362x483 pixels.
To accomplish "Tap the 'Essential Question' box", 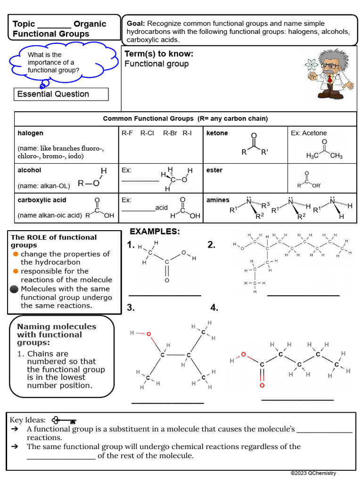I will pyautogui.click(x=61, y=94).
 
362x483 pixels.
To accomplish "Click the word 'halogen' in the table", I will pyautogui.click(x=30, y=133).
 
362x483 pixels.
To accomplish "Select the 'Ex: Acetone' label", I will pyautogui.click(x=309, y=133).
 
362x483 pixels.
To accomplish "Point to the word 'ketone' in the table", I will pyautogui.click(x=217, y=133).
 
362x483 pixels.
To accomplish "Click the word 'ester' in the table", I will pyautogui.click(x=214, y=170).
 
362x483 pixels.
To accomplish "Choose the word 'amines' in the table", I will pyautogui.click(x=218, y=200).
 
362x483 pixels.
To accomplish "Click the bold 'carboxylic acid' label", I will pyautogui.click(x=42, y=200).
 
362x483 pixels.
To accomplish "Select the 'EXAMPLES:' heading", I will pyautogui.click(x=155, y=231).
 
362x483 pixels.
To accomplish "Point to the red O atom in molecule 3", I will pyautogui.click(x=148, y=334).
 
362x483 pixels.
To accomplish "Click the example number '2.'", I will pyautogui.click(x=212, y=244).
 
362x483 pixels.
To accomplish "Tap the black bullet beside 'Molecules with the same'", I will pyautogui.click(x=14, y=289).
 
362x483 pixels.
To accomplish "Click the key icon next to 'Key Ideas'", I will pyautogui.click(x=64, y=420).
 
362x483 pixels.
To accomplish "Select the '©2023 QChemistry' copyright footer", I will pyautogui.click(x=313, y=473).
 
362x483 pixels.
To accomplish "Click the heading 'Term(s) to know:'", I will pyautogui.click(x=159, y=54).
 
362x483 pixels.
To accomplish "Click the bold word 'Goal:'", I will pyautogui.click(x=136, y=23).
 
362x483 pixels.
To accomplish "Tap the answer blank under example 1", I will pyautogui.click(x=165, y=295).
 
